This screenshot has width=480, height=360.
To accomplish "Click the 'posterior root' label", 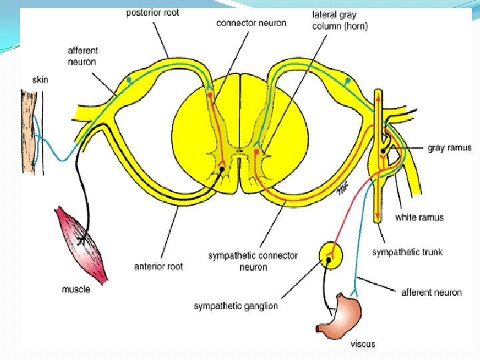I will tap(153, 12).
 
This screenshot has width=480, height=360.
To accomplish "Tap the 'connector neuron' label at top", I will tap(251, 23).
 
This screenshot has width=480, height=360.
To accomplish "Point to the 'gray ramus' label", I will tap(449, 148).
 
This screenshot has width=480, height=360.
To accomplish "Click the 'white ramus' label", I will tap(419, 217).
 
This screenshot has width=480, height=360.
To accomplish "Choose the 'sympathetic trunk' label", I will tap(407, 252).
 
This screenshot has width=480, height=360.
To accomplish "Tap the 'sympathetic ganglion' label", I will tap(235, 306).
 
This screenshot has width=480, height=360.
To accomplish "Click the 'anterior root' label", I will tap(158, 267).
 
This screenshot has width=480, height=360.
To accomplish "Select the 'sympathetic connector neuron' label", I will tap(253, 261).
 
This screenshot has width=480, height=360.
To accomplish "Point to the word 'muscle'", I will tap(75, 289).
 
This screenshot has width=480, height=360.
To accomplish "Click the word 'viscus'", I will tap(363, 344).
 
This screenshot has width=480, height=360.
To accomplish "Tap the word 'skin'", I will tap(40, 80).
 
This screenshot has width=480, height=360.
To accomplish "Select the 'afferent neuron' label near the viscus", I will tap(431, 292).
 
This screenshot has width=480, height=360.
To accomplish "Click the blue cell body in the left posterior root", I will tap(130, 80).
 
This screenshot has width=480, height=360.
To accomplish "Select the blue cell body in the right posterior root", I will tap(347, 81).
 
